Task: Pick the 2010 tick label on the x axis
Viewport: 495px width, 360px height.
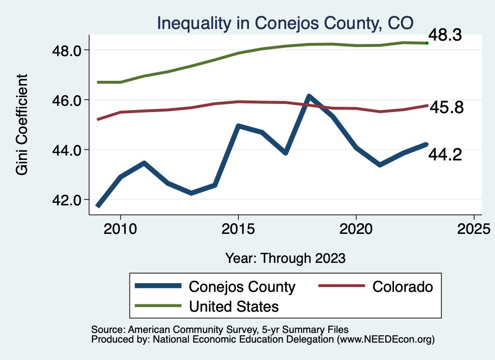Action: (x=120, y=228)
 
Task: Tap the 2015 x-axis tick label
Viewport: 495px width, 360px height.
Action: (x=238, y=228)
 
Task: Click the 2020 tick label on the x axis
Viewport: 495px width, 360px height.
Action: (x=356, y=228)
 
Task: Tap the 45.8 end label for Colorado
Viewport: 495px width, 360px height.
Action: (x=447, y=108)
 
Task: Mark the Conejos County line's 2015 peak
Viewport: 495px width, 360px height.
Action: (x=238, y=126)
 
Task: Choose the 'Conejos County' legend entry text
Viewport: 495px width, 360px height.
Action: (x=242, y=287)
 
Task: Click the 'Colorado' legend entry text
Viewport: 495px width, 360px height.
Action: (x=403, y=287)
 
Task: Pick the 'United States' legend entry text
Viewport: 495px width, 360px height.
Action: (x=234, y=306)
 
